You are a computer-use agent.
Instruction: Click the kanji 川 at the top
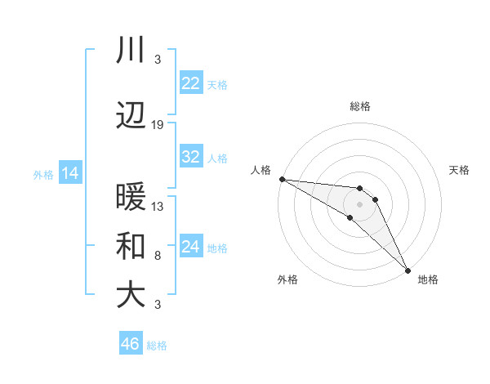click(x=130, y=51)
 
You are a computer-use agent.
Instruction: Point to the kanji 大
click(x=130, y=295)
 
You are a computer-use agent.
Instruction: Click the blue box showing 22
click(x=190, y=83)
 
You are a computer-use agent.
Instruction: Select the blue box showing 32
click(x=190, y=158)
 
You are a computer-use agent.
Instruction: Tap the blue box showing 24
click(x=190, y=247)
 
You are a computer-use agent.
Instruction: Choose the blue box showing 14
click(x=69, y=173)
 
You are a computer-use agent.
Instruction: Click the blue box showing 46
click(x=131, y=344)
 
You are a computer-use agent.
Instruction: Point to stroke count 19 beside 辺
click(x=158, y=125)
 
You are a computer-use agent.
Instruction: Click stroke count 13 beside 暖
click(x=158, y=206)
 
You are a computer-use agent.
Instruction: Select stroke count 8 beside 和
click(x=158, y=256)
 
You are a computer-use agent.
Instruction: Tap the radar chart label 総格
click(x=360, y=106)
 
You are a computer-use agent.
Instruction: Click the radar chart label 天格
click(x=459, y=170)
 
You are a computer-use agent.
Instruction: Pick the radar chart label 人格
click(x=261, y=170)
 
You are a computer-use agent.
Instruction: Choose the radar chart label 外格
click(x=287, y=279)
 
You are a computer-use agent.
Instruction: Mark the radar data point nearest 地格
click(x=408, y=270)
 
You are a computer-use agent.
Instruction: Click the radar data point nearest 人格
click(x=282, y=179)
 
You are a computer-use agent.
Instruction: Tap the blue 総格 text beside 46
click(x=157, y=346)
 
